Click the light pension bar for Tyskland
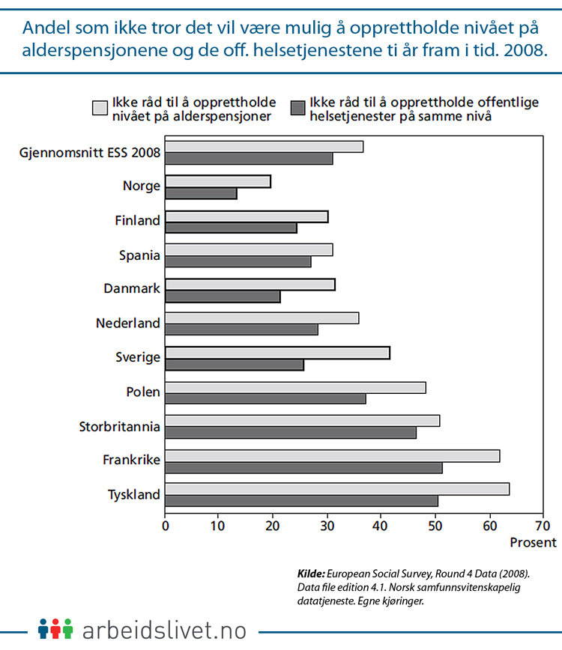click(337, 489)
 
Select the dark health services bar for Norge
click(201, 194)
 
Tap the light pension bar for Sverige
click(277, 353)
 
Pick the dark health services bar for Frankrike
click(303, 468)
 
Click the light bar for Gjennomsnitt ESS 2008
click(264, 147)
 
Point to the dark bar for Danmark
click(223, 297)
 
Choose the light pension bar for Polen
click(295, 387)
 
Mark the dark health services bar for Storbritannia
click(291, 433)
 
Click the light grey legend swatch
click(99, 108)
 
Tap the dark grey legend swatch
click(297, 108)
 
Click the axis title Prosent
click(534, 542)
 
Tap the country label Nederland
click(128, 324)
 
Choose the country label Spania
click(139, 255)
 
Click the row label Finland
click(137, 220)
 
